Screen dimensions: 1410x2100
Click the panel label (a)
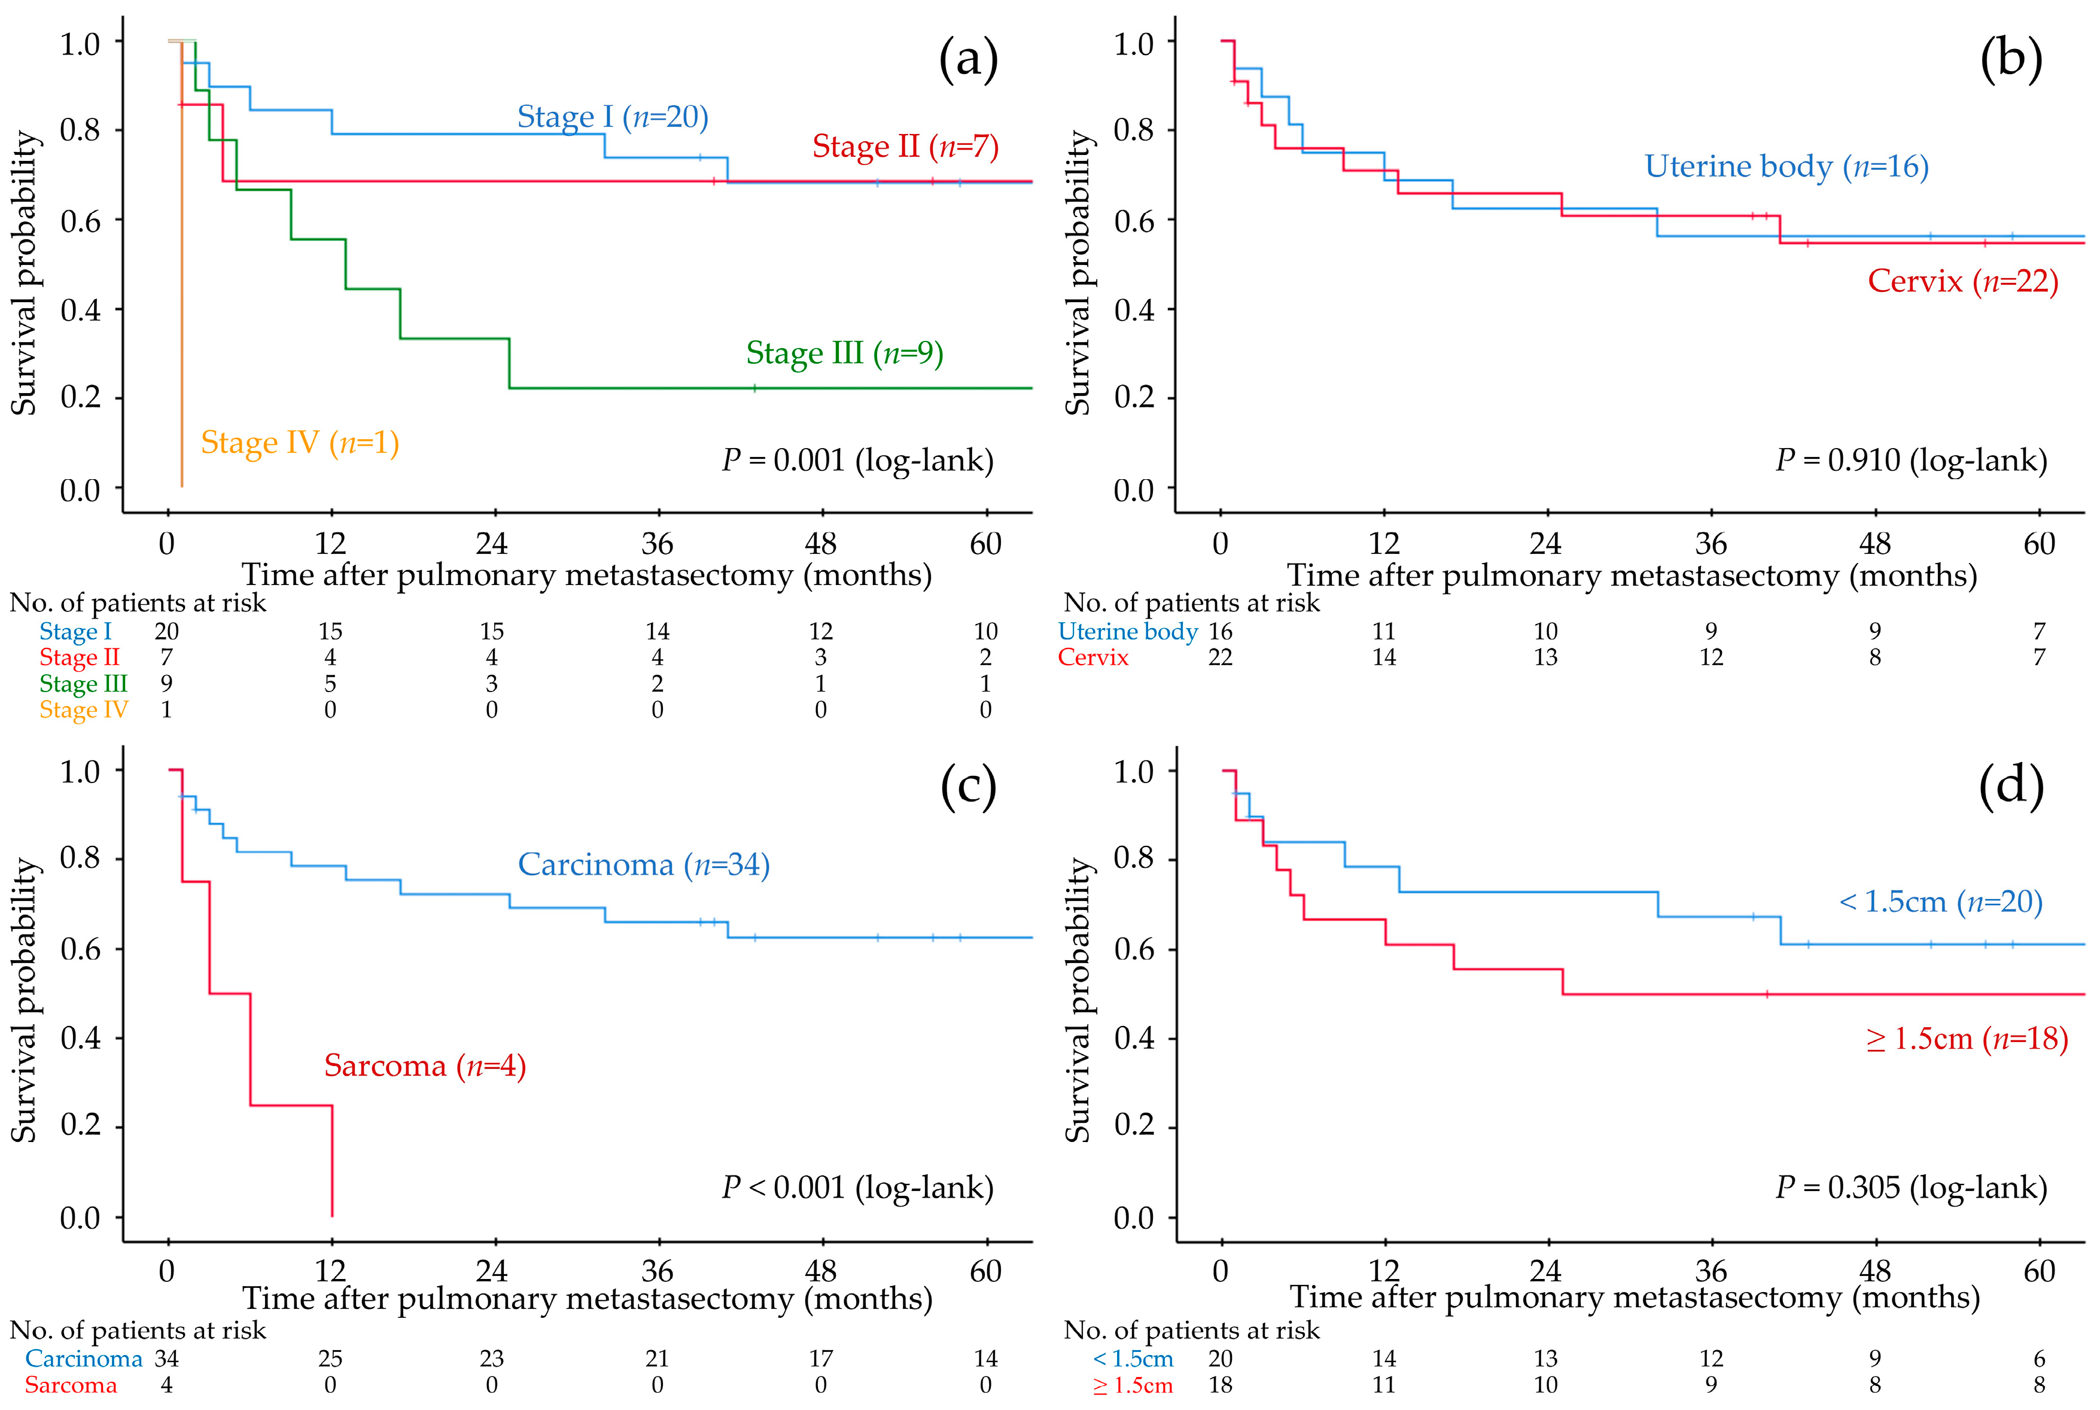967,60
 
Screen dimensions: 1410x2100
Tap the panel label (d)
2011,787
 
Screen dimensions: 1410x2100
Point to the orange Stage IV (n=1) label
300,443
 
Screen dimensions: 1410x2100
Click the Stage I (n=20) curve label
613,117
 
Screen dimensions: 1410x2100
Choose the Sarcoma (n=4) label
425,1065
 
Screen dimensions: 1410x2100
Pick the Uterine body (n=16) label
1786,166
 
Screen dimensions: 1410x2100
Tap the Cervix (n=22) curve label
1962,281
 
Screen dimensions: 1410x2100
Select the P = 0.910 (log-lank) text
1910,461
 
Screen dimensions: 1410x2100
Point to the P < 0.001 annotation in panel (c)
857,1188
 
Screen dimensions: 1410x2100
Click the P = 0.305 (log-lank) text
1910,1188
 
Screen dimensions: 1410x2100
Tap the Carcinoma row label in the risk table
84,1359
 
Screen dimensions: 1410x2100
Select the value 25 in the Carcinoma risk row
330,1359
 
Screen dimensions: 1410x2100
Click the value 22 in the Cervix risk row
1219,657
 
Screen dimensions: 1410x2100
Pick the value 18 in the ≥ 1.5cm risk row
1219,1385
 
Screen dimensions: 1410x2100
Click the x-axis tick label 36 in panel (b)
1711,544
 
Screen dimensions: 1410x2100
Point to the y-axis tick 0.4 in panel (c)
80,1038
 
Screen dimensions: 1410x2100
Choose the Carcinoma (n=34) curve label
643,865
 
